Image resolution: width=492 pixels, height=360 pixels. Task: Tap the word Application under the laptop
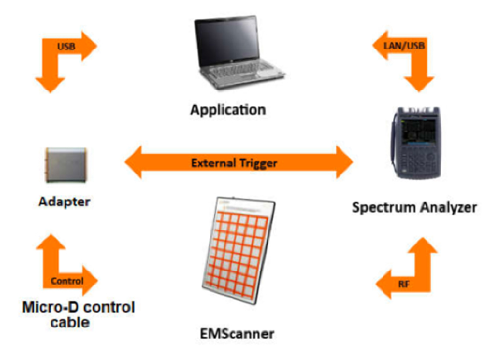pyautogui.click(x=227, y=109)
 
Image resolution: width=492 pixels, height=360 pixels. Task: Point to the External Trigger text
pyautogui.click(x=235, y=162)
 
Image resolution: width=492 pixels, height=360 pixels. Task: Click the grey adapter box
pyautogui.click(x=65, y=164)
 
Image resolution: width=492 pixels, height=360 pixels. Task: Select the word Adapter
pyautogui.click(x=65, y=202)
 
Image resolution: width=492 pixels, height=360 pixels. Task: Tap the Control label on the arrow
pyautogui.click(x=67, y=281)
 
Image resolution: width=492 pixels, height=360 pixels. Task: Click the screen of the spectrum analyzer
pyautogui.click(x=418, y=135)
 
